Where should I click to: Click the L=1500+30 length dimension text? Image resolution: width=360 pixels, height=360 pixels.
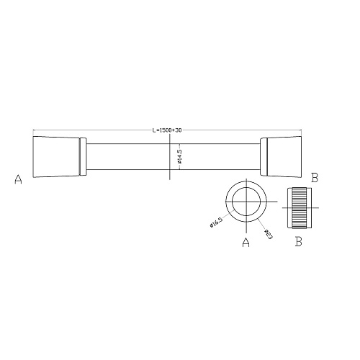(167, 130)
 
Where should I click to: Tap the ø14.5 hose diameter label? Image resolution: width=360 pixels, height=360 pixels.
(180, 156)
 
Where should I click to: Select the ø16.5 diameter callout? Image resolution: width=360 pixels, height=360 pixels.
(217, 223)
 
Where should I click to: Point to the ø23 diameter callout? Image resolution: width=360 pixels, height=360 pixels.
(269, 234)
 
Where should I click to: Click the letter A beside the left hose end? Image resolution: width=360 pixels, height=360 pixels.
(18, 179)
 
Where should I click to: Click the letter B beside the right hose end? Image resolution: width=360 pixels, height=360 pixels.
(315, 178)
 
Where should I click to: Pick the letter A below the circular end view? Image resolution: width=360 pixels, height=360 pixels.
(246, 242)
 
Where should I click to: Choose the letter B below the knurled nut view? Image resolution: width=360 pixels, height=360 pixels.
(299, 241)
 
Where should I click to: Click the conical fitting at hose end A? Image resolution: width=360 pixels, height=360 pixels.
(56, 157)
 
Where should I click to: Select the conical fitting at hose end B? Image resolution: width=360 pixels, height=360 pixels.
(284, 157)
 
